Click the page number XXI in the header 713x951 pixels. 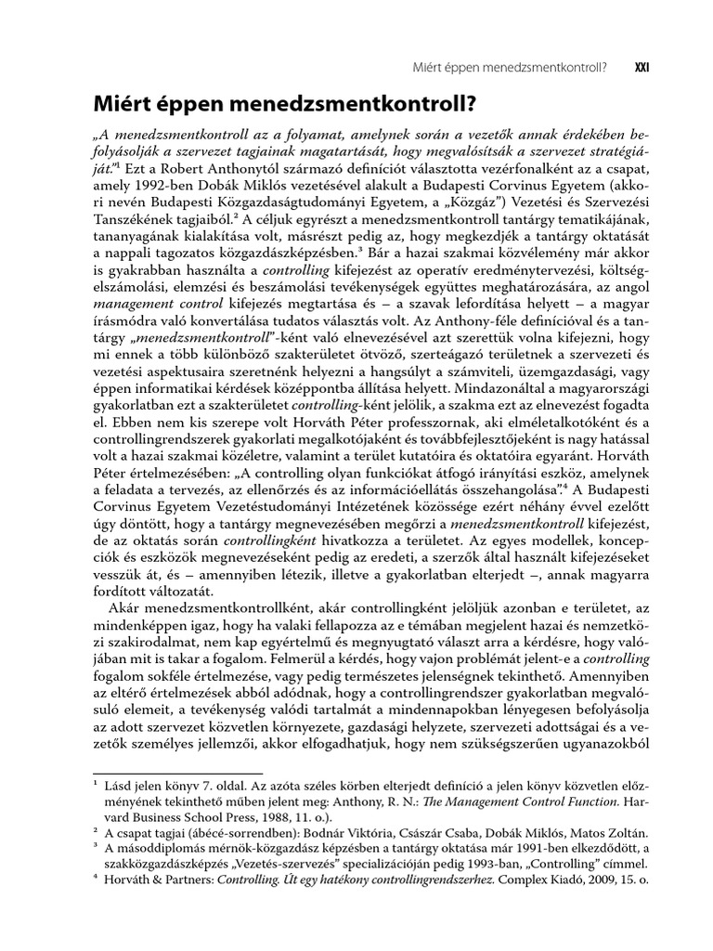(x=640, y=67)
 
